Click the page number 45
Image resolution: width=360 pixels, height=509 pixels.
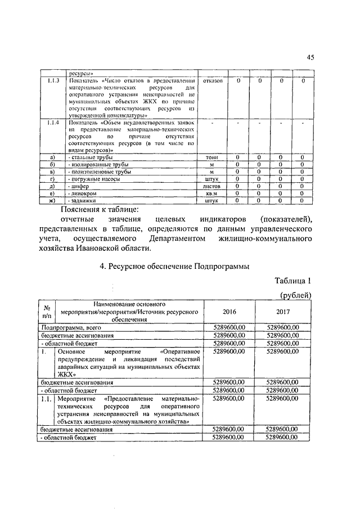(x=310, y=57)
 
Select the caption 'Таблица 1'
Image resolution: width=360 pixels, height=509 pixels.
(x=293, y=281)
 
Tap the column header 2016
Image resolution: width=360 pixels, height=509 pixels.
(x=230, y=311)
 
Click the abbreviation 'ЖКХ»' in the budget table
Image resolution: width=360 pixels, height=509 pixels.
(x=68, y=373)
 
